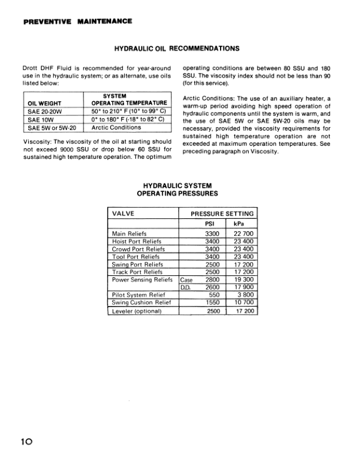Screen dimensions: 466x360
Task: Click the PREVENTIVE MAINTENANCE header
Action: click(78, 22)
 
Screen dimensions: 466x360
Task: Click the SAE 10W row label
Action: click(40, 119)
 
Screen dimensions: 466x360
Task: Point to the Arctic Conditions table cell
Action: click(116, 127)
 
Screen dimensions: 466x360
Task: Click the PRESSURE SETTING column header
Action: click(222, 214)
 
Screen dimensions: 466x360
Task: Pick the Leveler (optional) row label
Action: click(137, 311)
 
